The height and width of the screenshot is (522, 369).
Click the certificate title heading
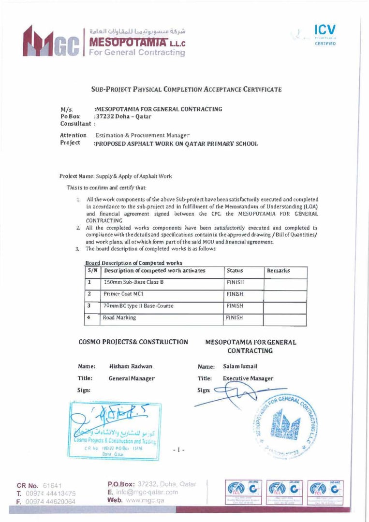pyautogui.click(x=186, y=89)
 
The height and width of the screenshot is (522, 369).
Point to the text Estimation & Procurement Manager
pyautogui.click(x=142, y=135)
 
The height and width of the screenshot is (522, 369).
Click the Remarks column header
pyautogui.click(x=278, y=271)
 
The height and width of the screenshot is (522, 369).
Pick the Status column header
pyautogui.click(x=235, y=271)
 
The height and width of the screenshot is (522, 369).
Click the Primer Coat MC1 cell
pyautogui.click(x=123, y=294)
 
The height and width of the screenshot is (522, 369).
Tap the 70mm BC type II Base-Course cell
pyautogui.click(x=138, y=306)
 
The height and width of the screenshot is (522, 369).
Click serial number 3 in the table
pyautogui.click(x=89, y=306)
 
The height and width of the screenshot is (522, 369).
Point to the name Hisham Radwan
pyautogui.click(x=127, y=367)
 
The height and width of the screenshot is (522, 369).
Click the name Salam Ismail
pyautogui.click(x=240, y=367)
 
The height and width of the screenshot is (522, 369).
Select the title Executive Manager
pyautogui.click(x=248, y=378)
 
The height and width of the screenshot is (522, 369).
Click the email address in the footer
pyautogui.click(x=147, y=492)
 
